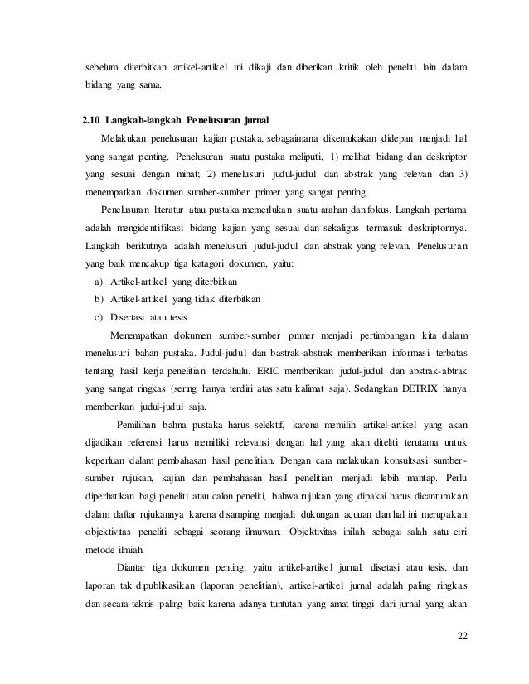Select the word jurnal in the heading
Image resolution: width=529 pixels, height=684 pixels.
pyautogui.click(x=261, y=113)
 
